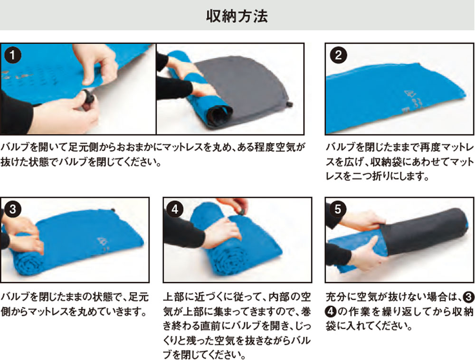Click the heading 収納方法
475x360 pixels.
click(x=237, y=16)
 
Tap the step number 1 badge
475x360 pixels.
click(x=13, y=55)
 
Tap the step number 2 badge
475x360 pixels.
click(x=338, y=55)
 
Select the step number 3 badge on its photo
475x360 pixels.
click(x=13, y=209)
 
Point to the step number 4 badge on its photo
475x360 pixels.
click(x=175, y=209)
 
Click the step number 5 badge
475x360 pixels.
click(x=338, y=209)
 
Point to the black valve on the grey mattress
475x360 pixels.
click(x=290, y=104)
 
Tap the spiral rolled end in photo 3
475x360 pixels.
click(x=29, y=264)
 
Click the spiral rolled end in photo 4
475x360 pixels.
click(x=230, y=260)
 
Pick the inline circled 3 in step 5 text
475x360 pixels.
click(x=468, y=297)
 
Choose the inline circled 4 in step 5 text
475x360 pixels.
click(x=331, y=311)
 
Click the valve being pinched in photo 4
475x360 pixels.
click(x=241, y=211)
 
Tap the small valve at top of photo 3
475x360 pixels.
click(x=113, y=209)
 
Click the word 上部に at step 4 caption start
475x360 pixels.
click(x=179, y=297)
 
